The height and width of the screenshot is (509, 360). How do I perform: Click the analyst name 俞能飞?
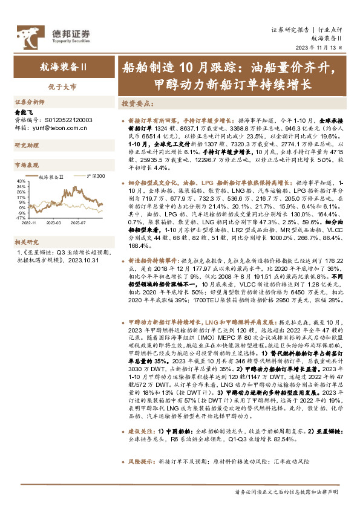tap(22, 112)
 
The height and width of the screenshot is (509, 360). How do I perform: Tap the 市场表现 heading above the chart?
tap(27, 164)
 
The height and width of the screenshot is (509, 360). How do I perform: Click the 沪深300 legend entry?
tap(96, 177)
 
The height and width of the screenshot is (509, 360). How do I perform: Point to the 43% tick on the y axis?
tap(21, 181)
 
